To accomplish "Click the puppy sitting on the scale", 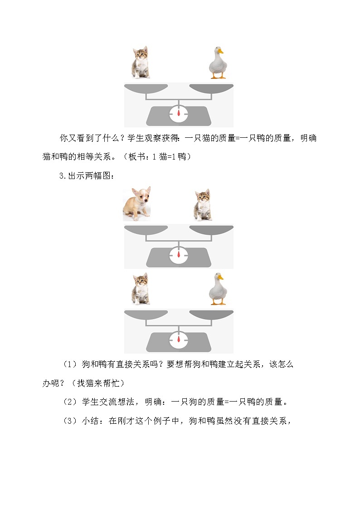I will tap(137, 204).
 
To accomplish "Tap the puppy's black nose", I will tap(146, 202).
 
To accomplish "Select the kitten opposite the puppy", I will tap(203, 205).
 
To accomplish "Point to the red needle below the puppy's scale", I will tap(179, 255).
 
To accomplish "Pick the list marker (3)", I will tap(70, 421).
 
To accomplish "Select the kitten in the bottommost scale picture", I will tap(141, 288).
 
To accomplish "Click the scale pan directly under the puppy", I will tap(146, 230).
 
